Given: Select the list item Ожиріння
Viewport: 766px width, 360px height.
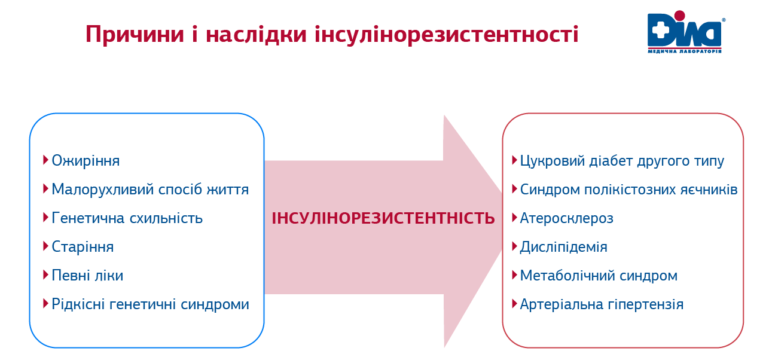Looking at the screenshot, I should (86, 161).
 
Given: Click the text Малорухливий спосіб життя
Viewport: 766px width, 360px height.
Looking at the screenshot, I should (150, 190).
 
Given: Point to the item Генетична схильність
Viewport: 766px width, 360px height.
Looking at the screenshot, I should (127, 218).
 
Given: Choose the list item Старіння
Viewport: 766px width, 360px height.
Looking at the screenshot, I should (83, 247).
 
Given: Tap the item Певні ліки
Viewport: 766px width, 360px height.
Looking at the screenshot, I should (87, 276).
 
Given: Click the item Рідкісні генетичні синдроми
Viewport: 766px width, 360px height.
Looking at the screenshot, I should (150, 304).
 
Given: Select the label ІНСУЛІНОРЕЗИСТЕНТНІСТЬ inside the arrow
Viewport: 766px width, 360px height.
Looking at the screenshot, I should (383, 218).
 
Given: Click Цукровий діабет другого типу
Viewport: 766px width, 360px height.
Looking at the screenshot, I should (622, 161).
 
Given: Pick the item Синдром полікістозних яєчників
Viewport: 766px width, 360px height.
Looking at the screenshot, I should (628, 190).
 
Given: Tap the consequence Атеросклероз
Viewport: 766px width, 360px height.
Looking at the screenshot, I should (566, 218).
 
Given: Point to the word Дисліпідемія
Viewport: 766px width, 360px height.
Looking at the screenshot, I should (563, 247).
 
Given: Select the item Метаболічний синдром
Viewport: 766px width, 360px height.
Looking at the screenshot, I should (599, 276).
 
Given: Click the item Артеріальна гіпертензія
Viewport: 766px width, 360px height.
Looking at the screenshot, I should (602, 304).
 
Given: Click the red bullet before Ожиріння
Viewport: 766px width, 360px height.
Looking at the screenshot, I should (45, 160).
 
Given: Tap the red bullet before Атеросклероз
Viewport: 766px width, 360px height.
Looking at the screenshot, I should (514, 217).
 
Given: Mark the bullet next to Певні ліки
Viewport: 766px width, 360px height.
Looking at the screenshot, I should (45, 274).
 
